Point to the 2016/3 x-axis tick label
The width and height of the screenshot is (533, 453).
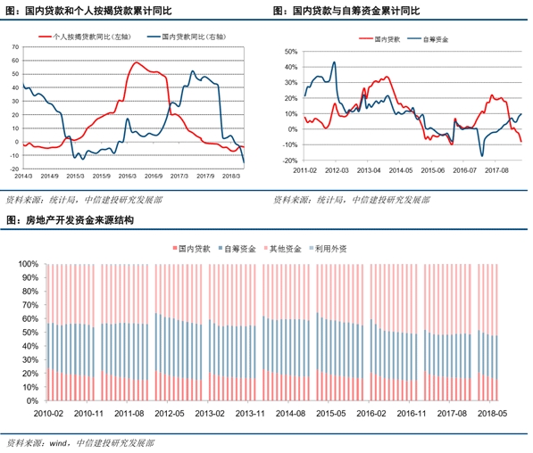pyautogui.click(x=127, y=175)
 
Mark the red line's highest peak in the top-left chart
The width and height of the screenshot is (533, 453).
pyautogui.click(x=135, y=62)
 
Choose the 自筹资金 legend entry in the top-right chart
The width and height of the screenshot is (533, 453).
pyautogui.click(x=437, y=40)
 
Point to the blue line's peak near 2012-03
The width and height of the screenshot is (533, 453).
pyautogui.click(x=334, y=62)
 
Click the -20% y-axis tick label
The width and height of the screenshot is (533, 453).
pyautogui.click(x=287, y=161)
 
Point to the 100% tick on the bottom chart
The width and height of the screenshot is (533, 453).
pyautogui.click(x=28, y=264)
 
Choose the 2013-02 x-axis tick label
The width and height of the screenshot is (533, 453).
pyautogui.click(x=210, y=415)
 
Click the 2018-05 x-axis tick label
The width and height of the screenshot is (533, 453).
pyautogui.click(x=493, y=415)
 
